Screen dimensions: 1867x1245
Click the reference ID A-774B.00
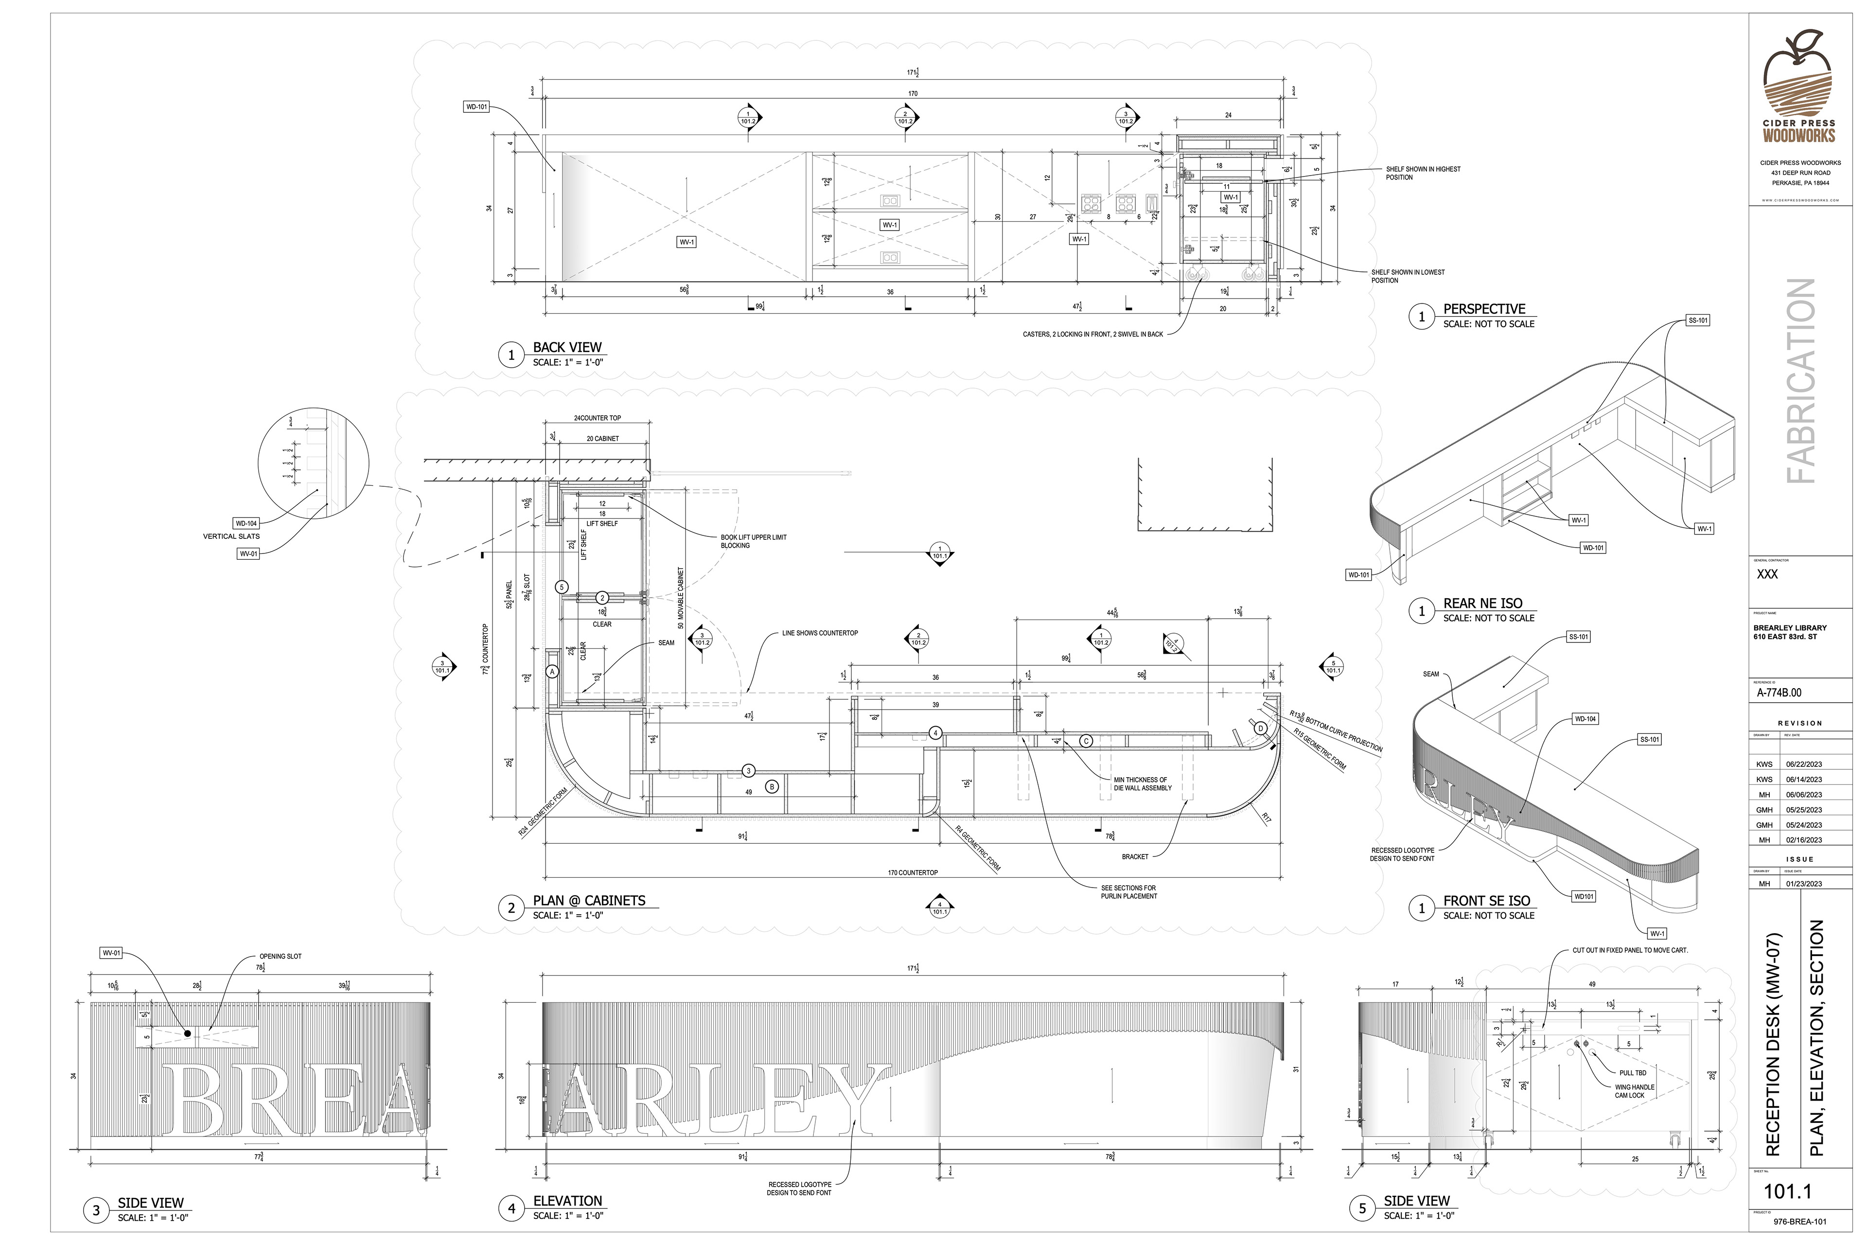click(1779, 693)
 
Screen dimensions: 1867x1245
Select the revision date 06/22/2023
click(1803, 764)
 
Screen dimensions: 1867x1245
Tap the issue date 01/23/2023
click(1803, 884)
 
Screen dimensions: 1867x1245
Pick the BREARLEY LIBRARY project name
click(1789, 628)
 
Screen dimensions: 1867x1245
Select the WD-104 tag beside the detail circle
click(246, 523)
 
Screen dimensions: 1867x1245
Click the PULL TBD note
click(1632, 1073)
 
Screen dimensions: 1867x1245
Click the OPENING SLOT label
click(280, 957)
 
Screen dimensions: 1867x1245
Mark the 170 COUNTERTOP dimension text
click(913, 872)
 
